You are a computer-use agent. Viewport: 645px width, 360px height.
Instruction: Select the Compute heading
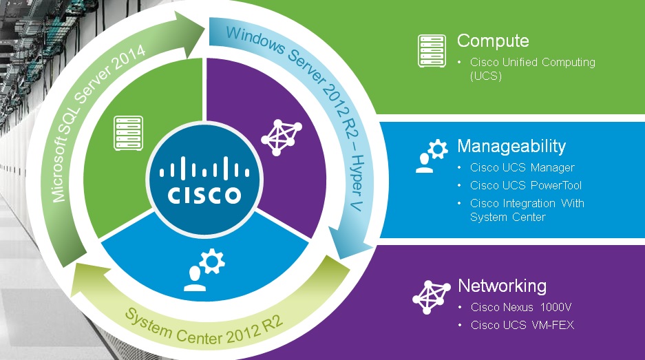point(493,41)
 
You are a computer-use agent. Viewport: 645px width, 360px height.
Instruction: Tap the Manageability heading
point(511,146)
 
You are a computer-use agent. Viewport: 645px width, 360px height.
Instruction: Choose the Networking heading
point(502,286)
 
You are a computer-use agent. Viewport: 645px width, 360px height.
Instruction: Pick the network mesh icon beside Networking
point(431,296)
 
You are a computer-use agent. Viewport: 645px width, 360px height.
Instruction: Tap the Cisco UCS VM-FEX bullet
point(522,325)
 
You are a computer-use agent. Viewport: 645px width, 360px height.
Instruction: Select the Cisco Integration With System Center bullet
point(527,210)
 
